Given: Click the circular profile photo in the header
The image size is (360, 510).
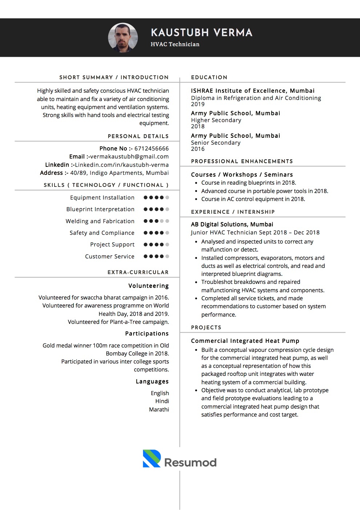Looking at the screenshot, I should (123, 37).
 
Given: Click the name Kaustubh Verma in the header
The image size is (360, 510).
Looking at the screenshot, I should (201, 33).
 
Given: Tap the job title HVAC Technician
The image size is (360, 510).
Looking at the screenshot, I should (175, 44).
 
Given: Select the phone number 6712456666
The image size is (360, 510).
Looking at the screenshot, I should (151, 148).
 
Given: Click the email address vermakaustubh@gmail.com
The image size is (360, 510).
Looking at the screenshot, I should (129, 157).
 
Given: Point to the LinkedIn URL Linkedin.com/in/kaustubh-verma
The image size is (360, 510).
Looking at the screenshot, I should (122, 165).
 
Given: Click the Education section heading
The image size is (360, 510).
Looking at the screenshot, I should (209, 77).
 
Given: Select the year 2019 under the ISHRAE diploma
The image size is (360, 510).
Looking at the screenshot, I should (198, 104).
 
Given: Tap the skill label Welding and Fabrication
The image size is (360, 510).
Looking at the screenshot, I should (100, 221).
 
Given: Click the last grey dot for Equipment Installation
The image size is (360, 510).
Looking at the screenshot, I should (167, 198).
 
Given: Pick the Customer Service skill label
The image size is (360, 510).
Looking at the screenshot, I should (110, 256).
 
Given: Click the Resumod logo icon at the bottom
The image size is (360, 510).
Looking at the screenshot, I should (151, 458).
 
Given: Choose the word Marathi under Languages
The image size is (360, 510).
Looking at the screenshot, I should (159, 409).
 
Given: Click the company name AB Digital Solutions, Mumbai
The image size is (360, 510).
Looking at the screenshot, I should (232, 224).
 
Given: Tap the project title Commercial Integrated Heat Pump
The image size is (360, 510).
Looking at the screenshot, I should (245, 341).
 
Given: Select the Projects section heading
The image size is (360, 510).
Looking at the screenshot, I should (206, 328).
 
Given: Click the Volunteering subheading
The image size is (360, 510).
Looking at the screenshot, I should (149, 286).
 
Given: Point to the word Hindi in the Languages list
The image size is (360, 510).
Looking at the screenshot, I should (162, 401).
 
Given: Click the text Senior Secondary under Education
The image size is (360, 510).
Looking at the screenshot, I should (216, 142).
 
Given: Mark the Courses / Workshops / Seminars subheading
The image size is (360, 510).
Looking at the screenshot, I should (242, 174).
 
